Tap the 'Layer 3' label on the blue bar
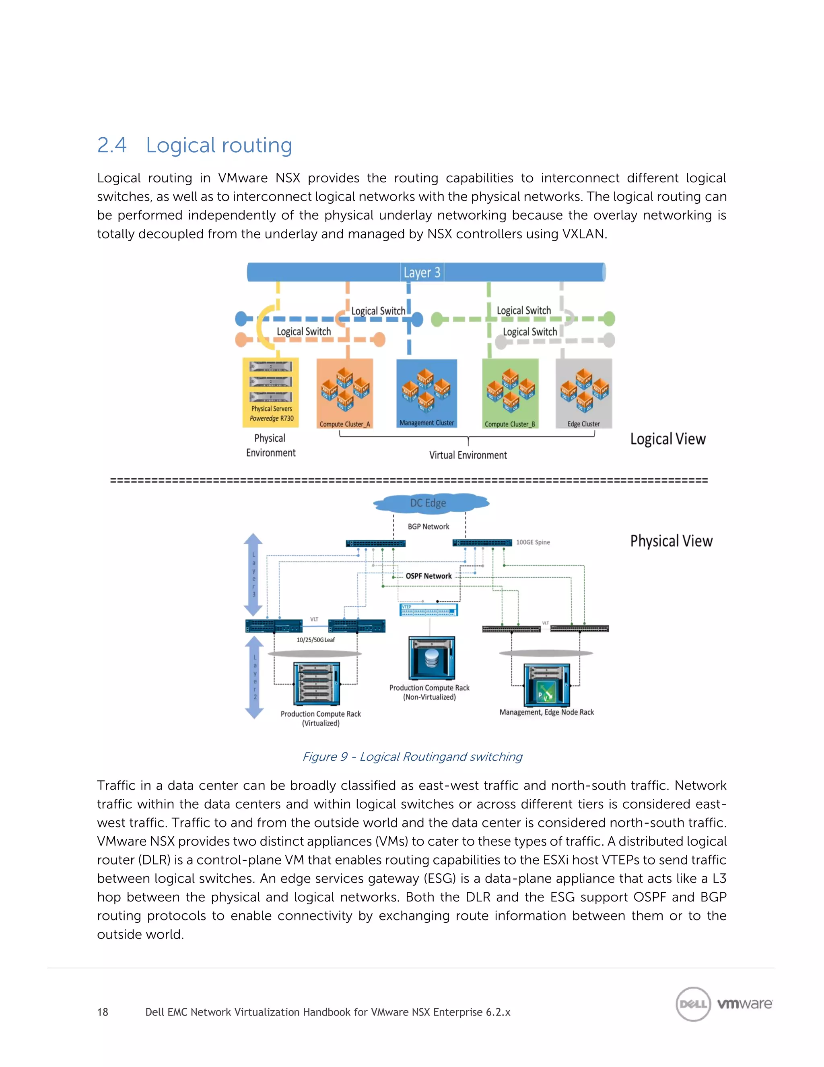(x=422, y=272)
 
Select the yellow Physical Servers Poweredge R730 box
(x=271, y=392)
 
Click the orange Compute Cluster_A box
(x=345, y=394)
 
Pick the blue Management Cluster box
(x=426, y=393)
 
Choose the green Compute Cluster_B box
(x=510, y=394)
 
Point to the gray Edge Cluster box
(x=584, y=394)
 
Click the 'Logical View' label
(x=667, y=439)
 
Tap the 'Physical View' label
(x=671, y=541)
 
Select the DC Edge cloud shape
(x=428, y=503)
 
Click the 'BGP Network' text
(x=428, y=527)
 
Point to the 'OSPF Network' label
(x=428, y=576)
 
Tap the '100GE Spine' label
(x=533, y=542)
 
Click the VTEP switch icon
(x=428, y=610)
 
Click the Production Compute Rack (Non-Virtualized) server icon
(x=432, y=658)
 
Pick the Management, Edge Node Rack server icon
(x=546, y=685)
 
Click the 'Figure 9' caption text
(x=412, y=757)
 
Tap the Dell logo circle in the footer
(x=693, y=1004)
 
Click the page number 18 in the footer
(x=103, y=1012)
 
